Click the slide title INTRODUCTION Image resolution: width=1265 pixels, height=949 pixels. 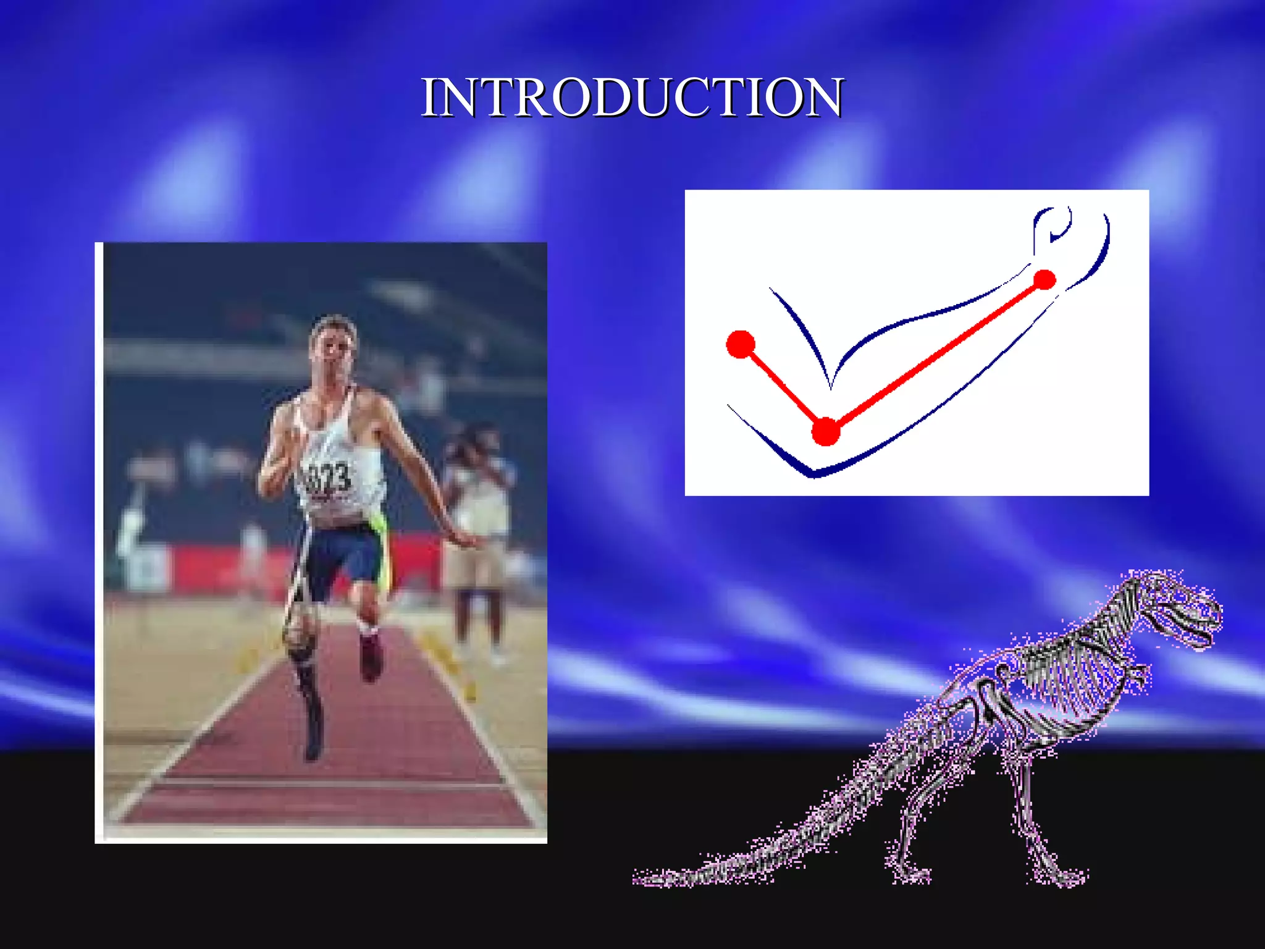click(x=632, y=98)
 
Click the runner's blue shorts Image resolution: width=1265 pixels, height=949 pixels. click(x=343, y=559)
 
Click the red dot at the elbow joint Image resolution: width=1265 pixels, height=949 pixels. click(x=826, y=431)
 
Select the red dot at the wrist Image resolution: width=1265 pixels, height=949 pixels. click(x=1044, y=280)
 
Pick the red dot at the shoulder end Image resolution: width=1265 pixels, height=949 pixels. click(x=741, y=344)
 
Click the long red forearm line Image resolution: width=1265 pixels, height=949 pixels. click(x=936, y=355)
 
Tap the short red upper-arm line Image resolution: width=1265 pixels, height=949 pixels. click(x=783, y=387)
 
